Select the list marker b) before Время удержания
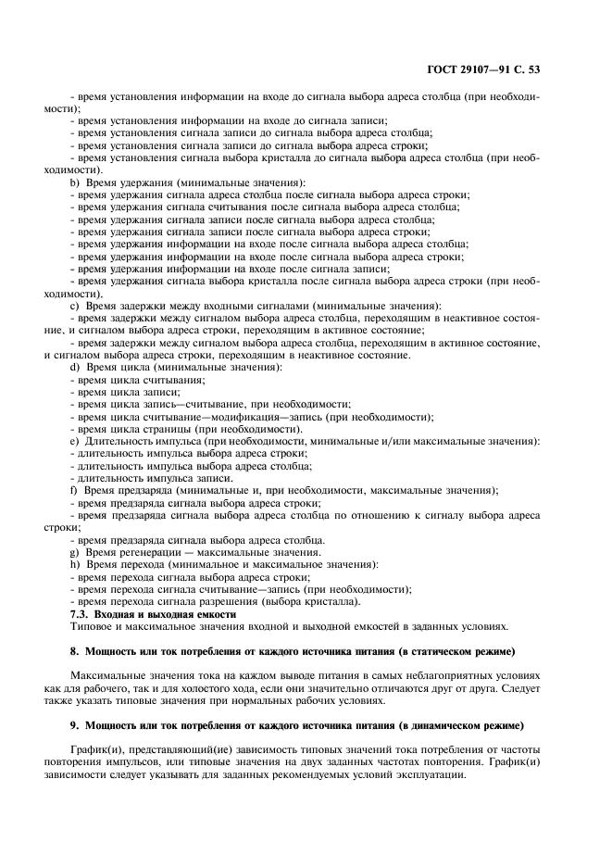tap(74, 182)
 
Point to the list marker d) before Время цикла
tap(74, 368)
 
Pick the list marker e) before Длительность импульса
tap(74, 442)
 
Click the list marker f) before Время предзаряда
tap(74, 491)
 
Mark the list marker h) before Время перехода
tap(74, 564)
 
